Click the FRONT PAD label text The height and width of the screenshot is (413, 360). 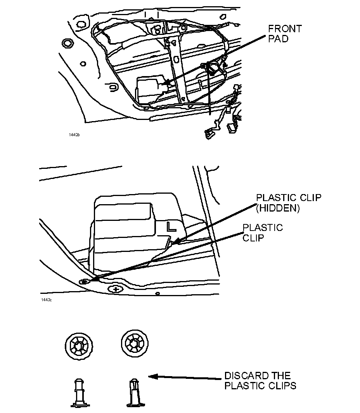tap(285, 34)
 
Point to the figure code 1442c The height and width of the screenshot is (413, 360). tap(46, 300)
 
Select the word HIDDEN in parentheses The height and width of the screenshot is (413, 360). tap(278, 208)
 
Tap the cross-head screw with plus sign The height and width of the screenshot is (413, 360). tap(116, 289)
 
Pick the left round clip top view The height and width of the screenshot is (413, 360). tap(79, 345)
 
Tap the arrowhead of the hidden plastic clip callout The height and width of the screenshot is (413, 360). tap(174, 243)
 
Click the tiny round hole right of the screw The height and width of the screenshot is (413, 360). tap(157, 293)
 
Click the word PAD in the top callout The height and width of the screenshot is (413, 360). tap(279, 39)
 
